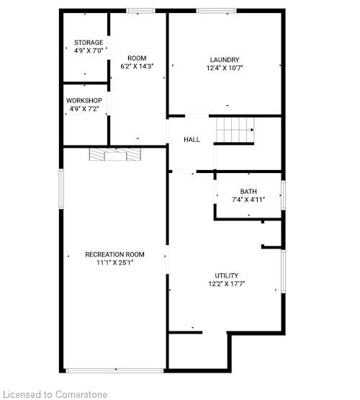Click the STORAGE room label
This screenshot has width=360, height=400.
[x=89, y=43]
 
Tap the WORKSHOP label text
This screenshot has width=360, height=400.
[x=84, y=100]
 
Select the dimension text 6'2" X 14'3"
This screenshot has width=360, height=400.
[x=137, y=66]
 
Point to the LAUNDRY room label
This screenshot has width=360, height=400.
[x=225, y=60]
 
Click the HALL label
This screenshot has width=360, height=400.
[x=192, y=140]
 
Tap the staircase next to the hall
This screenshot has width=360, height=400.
[x=235, y=130]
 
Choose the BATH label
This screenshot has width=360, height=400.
[x=248, y=191]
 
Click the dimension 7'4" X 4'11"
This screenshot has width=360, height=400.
[x=248, y=200]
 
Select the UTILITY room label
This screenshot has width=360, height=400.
[x=227, y=275]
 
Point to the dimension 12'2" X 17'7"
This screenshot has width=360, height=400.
[x=227, y=284]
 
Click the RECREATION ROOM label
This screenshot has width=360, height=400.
[x=114, y=254]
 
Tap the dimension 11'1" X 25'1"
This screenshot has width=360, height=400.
[x=115, y=262]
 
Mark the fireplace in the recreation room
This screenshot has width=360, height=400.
[x=115, y=154]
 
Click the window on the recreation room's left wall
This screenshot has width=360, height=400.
[x=61, y=189]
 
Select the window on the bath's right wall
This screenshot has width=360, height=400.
[x=283, y=195]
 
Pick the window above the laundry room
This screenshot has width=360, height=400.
[x=216, y=11]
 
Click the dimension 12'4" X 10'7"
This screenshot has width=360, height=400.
[x=225, y=68]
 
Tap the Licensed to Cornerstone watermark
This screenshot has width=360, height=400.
[x=53, y=394]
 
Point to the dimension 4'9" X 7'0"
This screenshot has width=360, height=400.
[x=89, y=50]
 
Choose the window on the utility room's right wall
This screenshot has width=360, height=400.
[x=283, y=272]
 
